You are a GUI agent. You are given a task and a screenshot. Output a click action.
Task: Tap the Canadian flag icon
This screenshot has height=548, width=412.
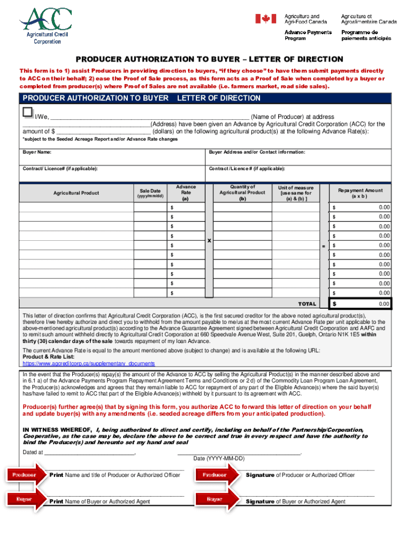pyautogui.click(x=265, y=19)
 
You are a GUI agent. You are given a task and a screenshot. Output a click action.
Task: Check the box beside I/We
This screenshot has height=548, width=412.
pyautogui.click(x=27, y=112)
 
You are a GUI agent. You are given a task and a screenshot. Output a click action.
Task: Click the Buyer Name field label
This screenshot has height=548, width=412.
pyautogui.click(x=37, y=153)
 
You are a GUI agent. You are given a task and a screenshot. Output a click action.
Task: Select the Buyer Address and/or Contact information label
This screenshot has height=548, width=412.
pyautogui.click(x=257, y=153)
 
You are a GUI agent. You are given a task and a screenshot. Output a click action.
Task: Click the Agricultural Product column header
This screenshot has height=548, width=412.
pyautogui.click(x=75, y=193)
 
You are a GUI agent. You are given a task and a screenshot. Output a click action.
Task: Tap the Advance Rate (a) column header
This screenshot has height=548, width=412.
pyautogui.click(x=186, y=193)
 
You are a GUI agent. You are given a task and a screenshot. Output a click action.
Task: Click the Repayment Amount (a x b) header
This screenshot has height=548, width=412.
pyautogui.click(x=360, y=193)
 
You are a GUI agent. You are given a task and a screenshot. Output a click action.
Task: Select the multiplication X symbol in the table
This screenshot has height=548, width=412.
pyautogui.click(x=209, y=241)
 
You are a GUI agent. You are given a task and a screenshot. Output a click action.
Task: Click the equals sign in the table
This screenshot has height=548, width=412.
pyautogui.click(x=323, y=246)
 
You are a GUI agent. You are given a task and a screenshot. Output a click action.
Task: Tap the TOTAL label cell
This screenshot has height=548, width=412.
pyautogui.click(x=307, y=304)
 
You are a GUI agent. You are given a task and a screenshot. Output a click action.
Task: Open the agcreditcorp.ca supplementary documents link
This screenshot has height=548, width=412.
pyautogui.click(x=89, y=363)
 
